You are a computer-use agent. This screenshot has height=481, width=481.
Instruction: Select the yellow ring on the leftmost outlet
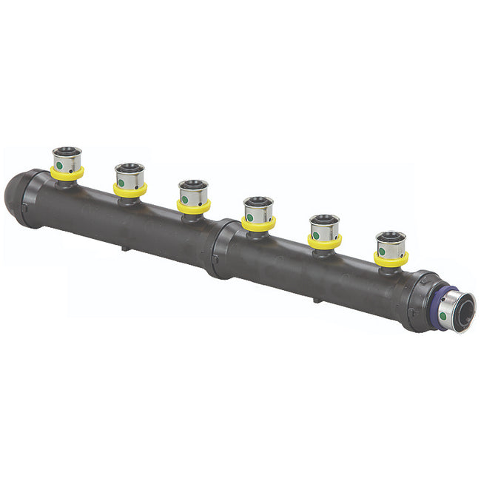coord(67,175)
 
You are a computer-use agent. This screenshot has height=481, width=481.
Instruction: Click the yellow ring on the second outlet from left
coord(130,191)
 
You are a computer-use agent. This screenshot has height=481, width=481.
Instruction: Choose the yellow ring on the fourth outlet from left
coord(258,224)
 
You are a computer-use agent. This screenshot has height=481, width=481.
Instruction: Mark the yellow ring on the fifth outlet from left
coord(324,243)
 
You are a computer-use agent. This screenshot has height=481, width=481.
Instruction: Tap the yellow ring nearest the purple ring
coord(391,260)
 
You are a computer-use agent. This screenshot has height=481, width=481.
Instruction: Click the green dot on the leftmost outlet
coord(58,165)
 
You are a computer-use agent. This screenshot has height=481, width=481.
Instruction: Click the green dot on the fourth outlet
coord(249,216)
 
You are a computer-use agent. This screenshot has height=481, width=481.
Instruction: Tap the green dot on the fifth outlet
coord(316,235)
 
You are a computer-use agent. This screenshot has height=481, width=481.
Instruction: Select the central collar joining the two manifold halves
coord(219,247)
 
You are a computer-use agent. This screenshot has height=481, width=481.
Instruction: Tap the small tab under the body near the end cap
coord(124,249)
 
